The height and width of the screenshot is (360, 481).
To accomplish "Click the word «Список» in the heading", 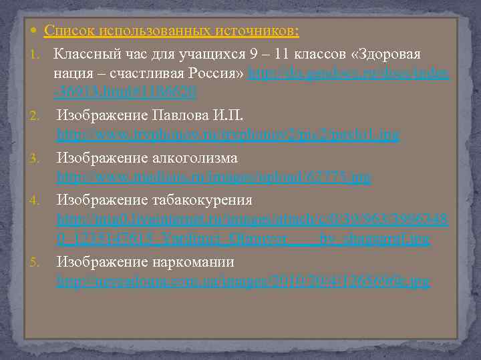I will point(70,31).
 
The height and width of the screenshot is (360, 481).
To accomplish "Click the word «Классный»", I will point(82,54).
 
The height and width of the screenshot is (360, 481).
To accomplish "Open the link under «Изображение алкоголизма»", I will point(214,178).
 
